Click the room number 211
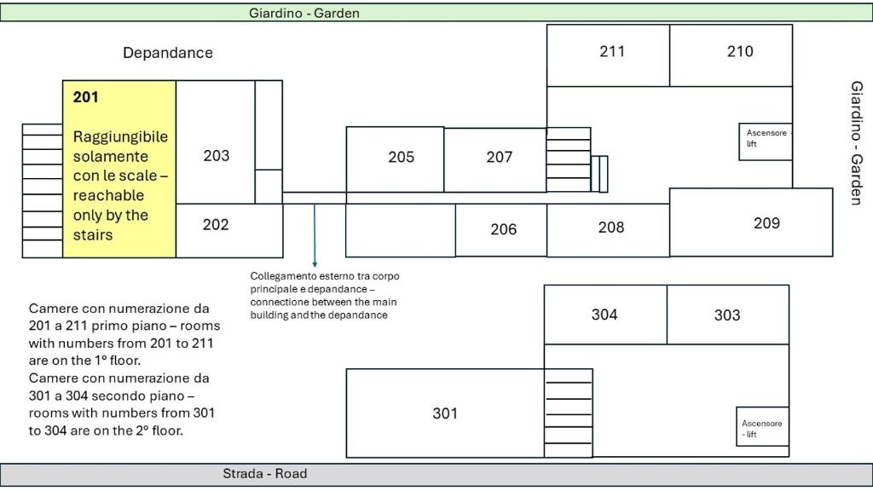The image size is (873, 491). point(612,51)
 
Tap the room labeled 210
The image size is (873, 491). point(740,51)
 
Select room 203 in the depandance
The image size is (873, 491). point(216,155)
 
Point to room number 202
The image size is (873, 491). point(216,224)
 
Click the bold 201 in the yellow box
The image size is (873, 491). point(86,97)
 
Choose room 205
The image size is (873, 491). point(401,157)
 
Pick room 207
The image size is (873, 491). point(499,157)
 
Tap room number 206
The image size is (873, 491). point(503,228)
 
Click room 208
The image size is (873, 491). point(610,227)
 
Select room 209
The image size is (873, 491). point(766,223)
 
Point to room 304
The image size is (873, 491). point(604,315)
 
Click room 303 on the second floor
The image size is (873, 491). point(727,315)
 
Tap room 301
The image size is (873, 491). point(445,413)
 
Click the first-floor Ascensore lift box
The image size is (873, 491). point(766,142)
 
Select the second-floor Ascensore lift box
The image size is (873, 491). point(762,426)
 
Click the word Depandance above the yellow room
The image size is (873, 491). point(168,53)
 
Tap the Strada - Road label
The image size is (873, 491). point(265,474)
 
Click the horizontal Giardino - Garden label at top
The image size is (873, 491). point(304,13)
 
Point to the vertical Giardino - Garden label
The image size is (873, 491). point(857,143)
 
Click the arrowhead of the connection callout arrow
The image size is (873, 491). point(315,264)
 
